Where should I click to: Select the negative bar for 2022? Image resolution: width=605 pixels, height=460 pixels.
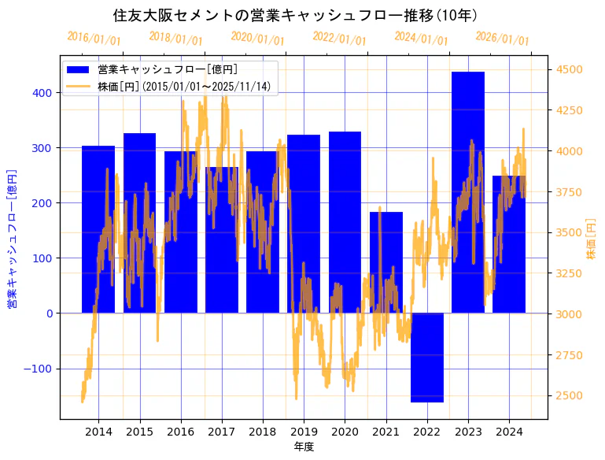click(427, 358)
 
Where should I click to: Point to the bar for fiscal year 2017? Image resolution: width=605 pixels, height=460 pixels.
click(222, 240)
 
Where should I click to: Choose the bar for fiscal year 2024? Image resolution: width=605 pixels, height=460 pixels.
click(509, 244)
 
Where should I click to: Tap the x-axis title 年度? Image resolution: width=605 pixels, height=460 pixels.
click(304, 447)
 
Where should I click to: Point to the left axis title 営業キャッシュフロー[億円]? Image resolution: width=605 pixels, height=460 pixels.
click(12, 238)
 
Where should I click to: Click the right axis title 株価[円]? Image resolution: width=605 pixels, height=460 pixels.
click(591, 238)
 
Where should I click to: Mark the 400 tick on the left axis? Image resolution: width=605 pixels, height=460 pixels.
click(42, 93)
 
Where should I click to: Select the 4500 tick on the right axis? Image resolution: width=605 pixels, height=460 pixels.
click(570, 69)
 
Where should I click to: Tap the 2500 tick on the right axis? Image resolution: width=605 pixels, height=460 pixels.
click(570, 395)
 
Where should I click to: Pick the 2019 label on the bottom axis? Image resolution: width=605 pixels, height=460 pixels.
click(304, 432)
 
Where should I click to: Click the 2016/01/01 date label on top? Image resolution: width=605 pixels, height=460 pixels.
click(94, 38)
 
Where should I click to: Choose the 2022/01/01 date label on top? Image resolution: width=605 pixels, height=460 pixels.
click(339, 38)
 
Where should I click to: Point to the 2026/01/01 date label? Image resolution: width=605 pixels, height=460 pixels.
click(503, 39)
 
